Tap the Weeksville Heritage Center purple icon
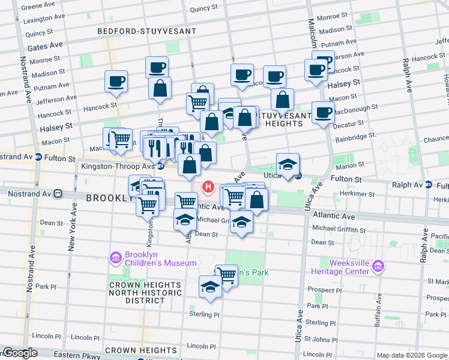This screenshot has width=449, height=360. click(x=378, y=266)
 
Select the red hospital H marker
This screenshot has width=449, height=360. click(x=208, y=187)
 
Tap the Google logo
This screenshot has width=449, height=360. click(x=19, y=353)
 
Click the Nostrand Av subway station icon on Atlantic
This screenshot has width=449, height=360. click(x=58, y=194)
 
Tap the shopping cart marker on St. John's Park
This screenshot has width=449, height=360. click(x=226, y=275)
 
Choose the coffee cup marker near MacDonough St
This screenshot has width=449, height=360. click(x=323, y=112)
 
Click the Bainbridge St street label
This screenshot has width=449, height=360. click(x=354, y=136)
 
